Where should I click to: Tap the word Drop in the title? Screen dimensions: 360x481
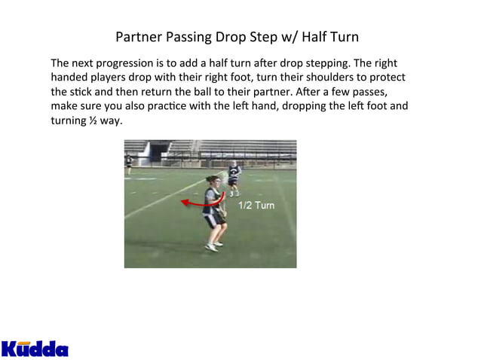pyautogui.click(x=227, y=37)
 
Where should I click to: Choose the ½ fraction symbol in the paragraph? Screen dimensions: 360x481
pyautogui.click(x=92, y=121)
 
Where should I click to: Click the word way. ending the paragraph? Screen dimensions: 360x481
pyautogui.click(x=111, y=121)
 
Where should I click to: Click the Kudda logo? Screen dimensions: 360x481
pyautogui.click(x=35, y=347)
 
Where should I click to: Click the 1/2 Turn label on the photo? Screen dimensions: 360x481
pyautogui.click(x=256, y=205)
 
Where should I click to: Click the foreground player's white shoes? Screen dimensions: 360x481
pyautogui.click(x=213, y=246)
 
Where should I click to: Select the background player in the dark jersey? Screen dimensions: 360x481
pyautogui.click(x=234, y=176)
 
